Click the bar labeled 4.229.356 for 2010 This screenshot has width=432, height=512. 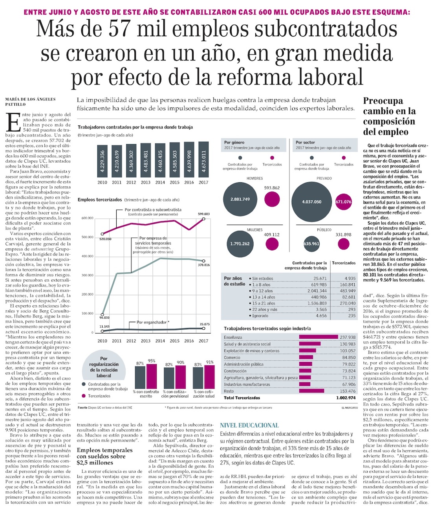click(x=102, y=161)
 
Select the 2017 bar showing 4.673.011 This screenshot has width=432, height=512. click(x=203, y=160)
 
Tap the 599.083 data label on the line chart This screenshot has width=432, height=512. click(x=203, y=214)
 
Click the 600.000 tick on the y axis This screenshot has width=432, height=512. click(x=87, y=218)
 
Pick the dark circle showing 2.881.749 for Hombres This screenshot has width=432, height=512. click(x=240, y=199)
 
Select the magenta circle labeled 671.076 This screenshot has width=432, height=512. click(x=343, y=202)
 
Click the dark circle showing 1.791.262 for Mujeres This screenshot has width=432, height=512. click(x=240, y=244)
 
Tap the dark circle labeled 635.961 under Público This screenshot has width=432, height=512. click(x=311, y=244)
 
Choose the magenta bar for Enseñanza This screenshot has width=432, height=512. click(x=319, y=337)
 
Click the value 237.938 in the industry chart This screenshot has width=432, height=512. click(x=348, y=337)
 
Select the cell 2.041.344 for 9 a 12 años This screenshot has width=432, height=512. click(x=317, y=291)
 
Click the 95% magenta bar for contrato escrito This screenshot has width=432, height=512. click(x=152, y=376)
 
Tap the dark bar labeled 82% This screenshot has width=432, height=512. click(x=169, y=378)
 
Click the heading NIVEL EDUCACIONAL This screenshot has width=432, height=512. click(x=249, y=425)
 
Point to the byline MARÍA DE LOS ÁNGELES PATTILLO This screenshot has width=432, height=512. click(x=30, y=102)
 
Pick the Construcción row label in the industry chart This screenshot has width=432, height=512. click(x=235, y=371)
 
